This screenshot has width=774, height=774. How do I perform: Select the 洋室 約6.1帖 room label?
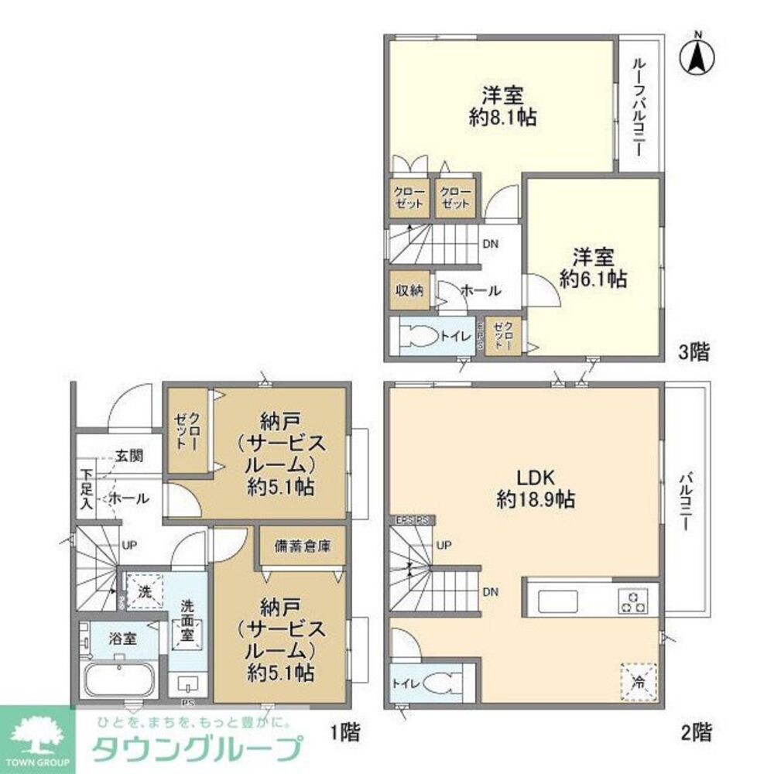click(x=594, y=267)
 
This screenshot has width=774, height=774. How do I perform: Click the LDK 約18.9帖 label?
click(x=535, y=488)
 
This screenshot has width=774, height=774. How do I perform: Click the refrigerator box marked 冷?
click(x=639, y=681)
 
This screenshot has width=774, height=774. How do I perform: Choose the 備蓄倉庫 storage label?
click(x=302, y=545)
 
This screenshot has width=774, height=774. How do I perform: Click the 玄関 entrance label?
click(x=129, y=456)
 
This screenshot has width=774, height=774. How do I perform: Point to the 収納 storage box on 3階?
click(x=409, y=290)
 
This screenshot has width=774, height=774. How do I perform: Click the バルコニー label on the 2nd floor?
click(x=685, y=500)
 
